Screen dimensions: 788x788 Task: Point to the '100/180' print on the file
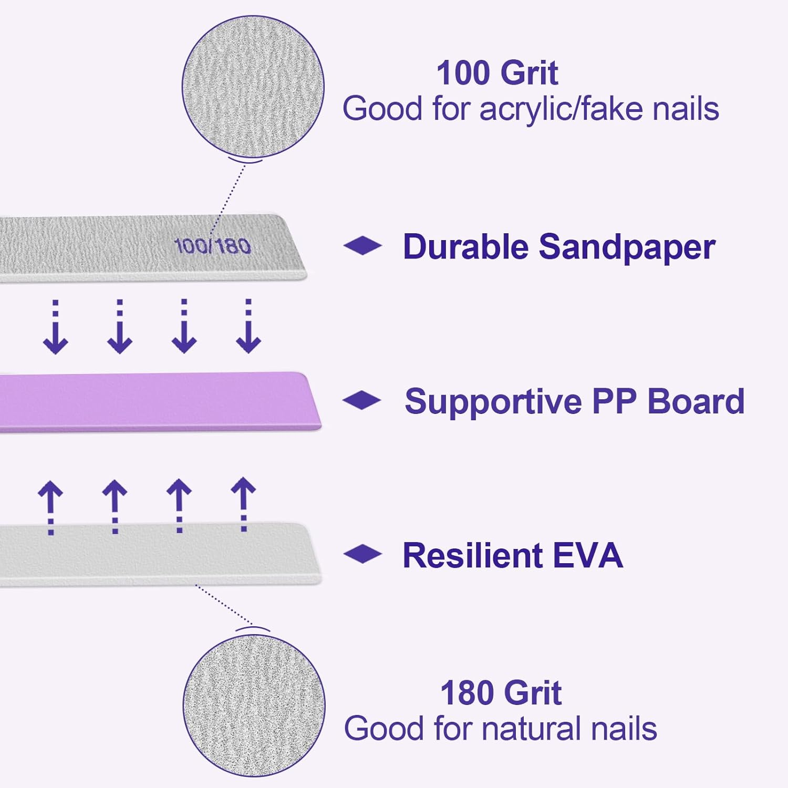pos(212,246)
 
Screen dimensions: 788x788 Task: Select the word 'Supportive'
pos(493,402)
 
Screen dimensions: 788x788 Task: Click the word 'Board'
pos(696,401)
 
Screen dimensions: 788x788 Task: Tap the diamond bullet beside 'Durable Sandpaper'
pos(362,245)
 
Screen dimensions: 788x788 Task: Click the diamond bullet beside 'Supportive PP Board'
pos(362,400)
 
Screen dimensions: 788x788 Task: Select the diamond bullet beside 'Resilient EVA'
pos(362,554)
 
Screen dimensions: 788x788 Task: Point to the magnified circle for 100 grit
pos(253,87)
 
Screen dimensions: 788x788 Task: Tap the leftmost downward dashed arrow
pos(55,327)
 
